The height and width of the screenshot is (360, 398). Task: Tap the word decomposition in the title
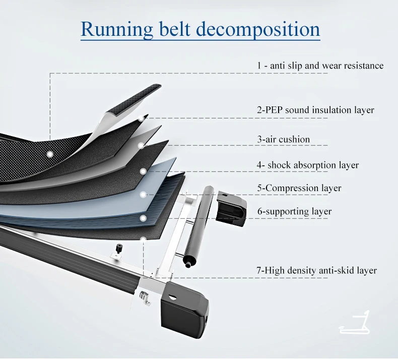tap(257, 29)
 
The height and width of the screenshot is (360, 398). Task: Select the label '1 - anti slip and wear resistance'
tap(320, 66)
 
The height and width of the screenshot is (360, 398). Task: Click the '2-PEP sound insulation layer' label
tap(315, 109)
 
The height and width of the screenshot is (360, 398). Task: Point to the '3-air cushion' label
tap(284, 139)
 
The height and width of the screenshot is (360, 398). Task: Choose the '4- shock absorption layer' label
tap(308, 165)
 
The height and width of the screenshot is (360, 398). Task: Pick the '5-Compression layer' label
tap(299, 188)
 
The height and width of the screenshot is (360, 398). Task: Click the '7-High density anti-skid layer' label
tap(316, 271)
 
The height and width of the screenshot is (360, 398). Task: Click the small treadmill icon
tap(356, 323)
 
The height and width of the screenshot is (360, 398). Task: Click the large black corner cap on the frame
tap(184, 307)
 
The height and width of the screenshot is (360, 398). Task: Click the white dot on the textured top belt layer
tap(49, 153)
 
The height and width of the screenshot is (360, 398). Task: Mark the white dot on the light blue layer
tap(143, 194)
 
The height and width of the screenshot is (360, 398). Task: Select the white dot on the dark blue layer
tap(143, 218)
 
